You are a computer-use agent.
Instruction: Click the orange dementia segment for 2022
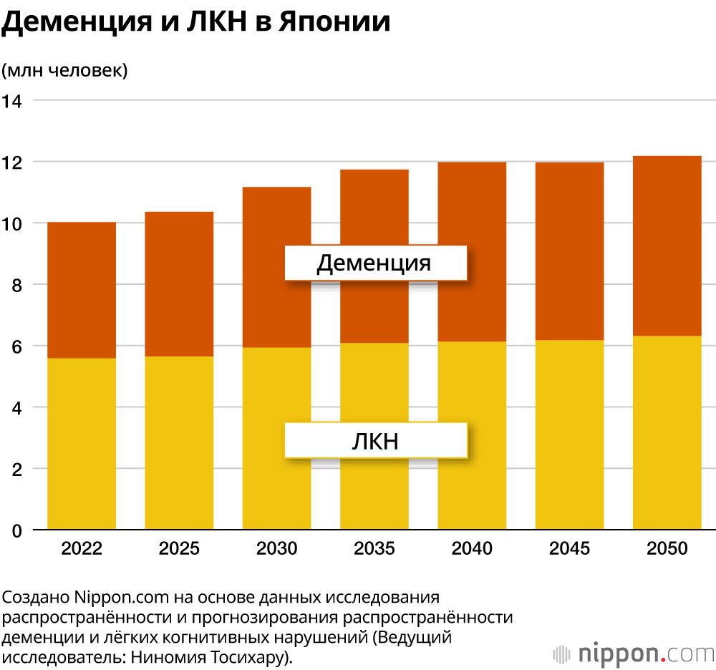82,290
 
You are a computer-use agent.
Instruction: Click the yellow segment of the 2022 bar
82,444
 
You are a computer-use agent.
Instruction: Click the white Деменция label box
375,263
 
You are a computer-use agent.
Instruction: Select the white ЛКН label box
375,440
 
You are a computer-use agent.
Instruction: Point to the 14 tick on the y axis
13,101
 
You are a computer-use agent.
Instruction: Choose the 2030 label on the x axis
277,549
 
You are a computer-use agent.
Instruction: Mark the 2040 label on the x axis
472,549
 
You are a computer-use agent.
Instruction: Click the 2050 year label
667,549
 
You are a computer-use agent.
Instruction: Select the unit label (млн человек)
64,70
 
